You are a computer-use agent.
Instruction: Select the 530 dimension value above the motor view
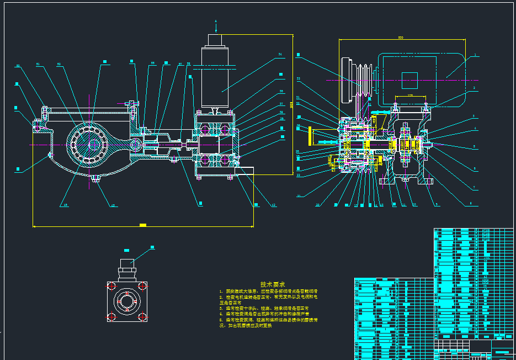click(x=400, y=38)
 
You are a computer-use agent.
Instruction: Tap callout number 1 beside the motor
click(x=474, y=56)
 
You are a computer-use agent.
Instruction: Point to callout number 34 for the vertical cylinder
click(x=280, y=55)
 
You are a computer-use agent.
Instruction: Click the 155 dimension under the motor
click(x=411, y=95)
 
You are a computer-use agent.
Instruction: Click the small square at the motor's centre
click(x=409, y=80)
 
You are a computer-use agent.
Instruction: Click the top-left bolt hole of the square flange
click(x=111, y=286)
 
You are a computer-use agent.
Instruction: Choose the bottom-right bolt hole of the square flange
click(x=142, y=317)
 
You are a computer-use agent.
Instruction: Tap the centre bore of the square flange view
click(x=127, y=301)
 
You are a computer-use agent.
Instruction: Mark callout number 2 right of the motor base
click(x=474, y=88)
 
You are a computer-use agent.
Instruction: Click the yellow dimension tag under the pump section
click(x=143, y=225)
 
